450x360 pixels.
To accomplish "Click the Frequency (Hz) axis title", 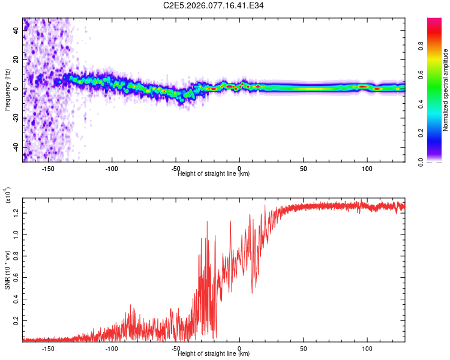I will [8, 90].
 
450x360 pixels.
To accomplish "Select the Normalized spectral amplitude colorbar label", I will [446, 90].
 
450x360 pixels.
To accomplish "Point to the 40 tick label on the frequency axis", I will [16, 31].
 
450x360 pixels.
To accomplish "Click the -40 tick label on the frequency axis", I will [16, 147].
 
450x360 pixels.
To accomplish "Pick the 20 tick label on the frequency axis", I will [16, 60].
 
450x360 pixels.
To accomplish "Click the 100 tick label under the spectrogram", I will [367, 168].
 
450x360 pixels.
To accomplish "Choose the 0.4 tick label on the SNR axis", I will [16, 299].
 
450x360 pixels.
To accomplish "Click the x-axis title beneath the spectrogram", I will [214, 174].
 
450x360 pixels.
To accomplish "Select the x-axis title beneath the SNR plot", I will [214, 354].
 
